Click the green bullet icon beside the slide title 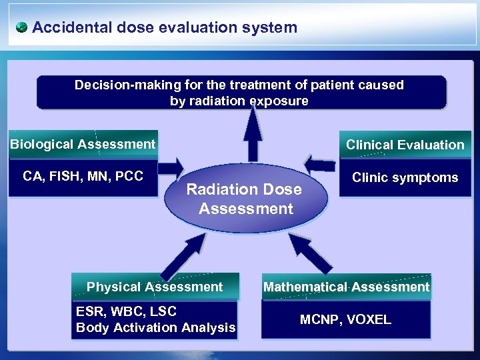22,27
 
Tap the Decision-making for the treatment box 240,93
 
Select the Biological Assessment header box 83,144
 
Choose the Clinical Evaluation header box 405,145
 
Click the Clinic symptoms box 405,177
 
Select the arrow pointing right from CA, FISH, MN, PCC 171,166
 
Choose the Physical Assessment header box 155,287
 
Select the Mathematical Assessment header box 346,287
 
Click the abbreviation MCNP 319,320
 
